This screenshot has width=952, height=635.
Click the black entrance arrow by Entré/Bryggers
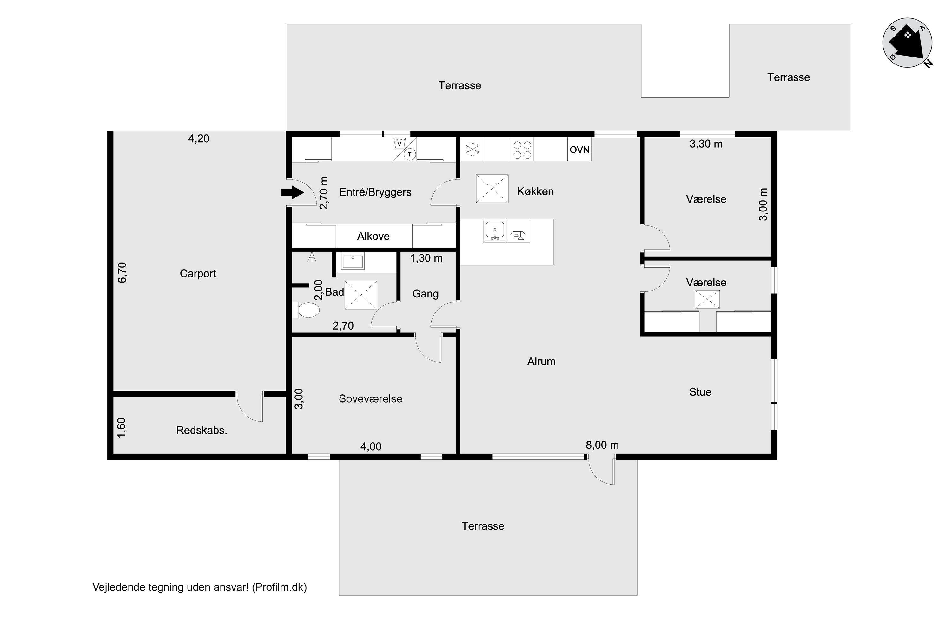click(x=293, y=192)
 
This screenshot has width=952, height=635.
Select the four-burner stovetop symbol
click(x=522, y=150)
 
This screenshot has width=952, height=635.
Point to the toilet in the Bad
click(x=307, y=311)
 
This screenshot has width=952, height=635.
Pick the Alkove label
click(x=373, y=236)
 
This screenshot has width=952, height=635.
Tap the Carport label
click(x=198, y=274)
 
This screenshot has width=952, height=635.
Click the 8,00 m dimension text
click(x=602, y=445)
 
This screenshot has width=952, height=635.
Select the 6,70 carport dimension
click(x=122, y=272)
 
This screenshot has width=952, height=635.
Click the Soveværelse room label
click(x=371, y=399)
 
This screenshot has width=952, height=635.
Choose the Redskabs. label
click(x=202, y=431)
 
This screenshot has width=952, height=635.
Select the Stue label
click(x=700, y=392)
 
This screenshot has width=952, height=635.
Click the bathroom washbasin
click(x=353, y=261)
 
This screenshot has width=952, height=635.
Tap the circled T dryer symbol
click(x=410, y=154)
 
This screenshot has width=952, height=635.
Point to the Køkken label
click(x=536, y=191)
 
